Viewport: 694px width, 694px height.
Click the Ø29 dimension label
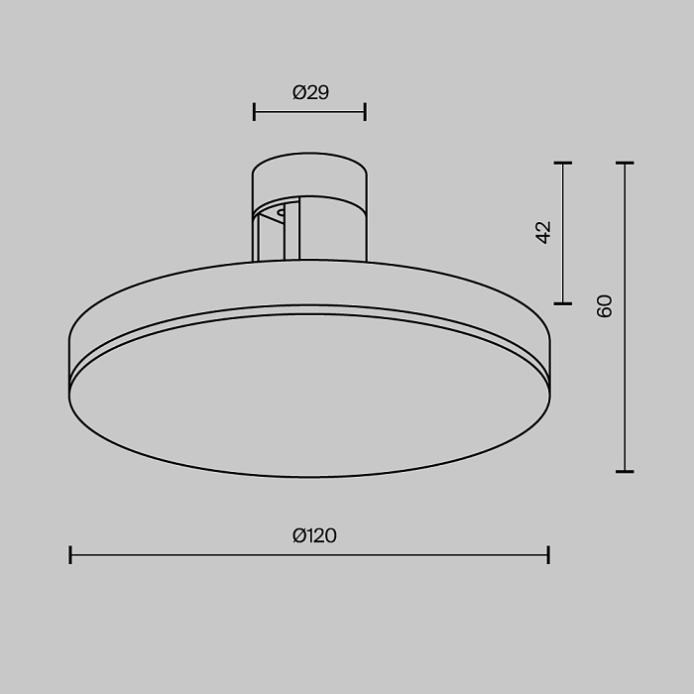(310, 93)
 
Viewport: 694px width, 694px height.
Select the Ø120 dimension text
(314, 536)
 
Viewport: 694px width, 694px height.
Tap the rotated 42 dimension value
(542, 232)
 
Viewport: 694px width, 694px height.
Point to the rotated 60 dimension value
(605, 305)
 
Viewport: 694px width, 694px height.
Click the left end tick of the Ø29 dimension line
(255, 112)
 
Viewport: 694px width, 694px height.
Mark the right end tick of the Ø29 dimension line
(365, 112)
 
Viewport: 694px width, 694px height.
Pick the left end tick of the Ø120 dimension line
(70, 554)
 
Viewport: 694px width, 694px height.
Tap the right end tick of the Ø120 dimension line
(548, 554)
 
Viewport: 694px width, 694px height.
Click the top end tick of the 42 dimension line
(563, 163)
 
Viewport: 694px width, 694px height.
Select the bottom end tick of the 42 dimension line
(563, 303)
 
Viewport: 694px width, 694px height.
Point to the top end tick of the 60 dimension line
(625, 163)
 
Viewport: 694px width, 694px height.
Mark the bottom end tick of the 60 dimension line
(625, 472)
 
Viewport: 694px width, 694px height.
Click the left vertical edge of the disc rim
(69, 367)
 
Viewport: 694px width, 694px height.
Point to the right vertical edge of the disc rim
(549, 367)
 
